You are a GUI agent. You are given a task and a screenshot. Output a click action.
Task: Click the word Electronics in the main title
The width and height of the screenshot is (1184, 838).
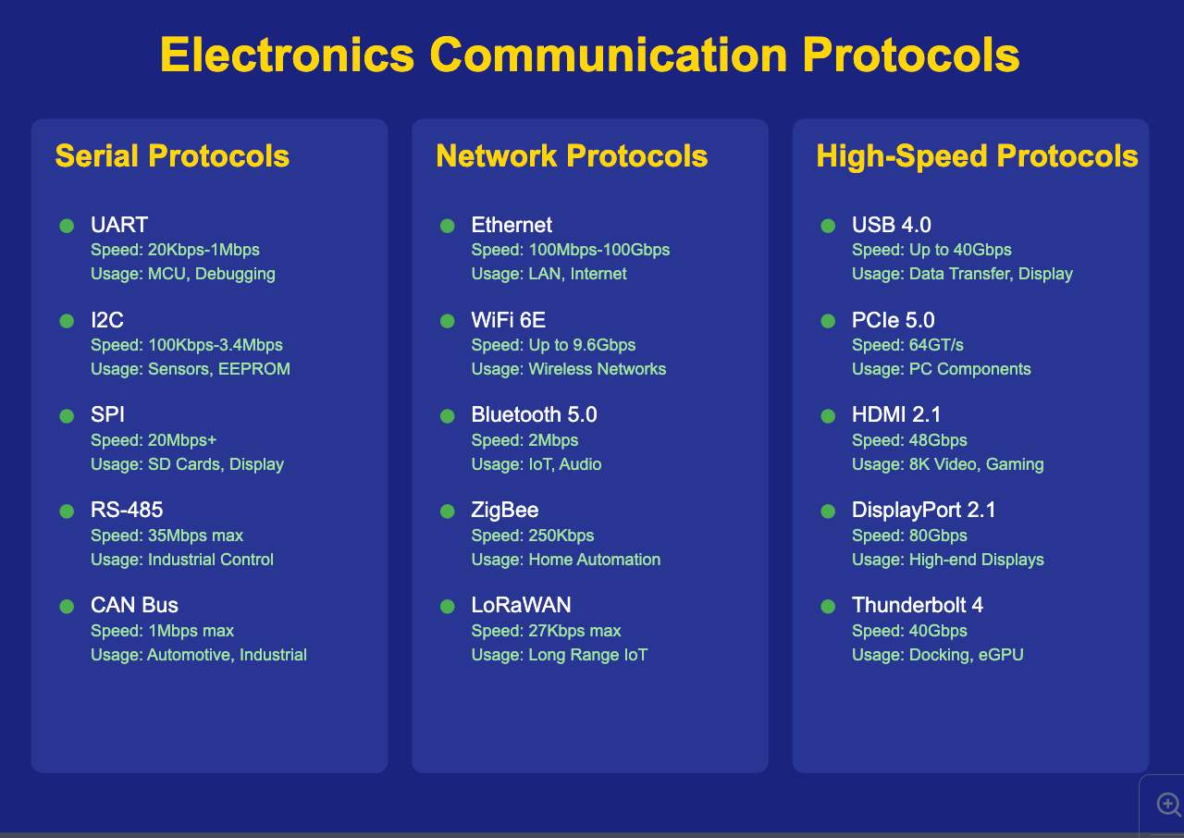click(287, 55)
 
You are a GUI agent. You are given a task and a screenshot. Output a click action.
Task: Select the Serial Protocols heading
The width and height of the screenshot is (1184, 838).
click(172, 156)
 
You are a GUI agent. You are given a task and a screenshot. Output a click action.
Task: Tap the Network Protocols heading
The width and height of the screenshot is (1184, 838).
click(572, 156)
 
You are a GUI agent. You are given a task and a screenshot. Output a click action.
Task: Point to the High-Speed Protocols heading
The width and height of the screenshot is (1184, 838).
click(977, 156)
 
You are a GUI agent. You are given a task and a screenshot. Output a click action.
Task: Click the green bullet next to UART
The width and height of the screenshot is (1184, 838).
click(67, 226)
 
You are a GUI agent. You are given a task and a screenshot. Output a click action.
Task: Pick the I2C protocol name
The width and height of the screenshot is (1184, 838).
click(107, 321)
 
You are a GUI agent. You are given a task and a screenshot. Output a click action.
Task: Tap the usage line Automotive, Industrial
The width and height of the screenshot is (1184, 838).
click(199, 655)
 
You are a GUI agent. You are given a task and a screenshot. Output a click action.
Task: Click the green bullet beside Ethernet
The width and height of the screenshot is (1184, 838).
click(448, 226)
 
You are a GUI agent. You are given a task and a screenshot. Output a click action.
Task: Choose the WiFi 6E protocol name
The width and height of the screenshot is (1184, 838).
click(509, 321)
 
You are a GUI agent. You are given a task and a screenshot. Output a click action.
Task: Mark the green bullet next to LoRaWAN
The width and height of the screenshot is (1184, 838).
click(448, 607)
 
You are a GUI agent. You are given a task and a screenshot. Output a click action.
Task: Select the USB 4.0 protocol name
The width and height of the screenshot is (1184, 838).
click(891, 226)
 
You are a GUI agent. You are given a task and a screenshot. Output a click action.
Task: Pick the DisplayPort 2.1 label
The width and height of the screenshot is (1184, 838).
click(923, 511)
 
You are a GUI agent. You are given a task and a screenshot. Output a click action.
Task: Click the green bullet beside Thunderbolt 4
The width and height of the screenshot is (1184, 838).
click(828, 607)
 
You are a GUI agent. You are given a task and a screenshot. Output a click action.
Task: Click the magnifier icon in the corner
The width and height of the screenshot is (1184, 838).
click(1168, 805)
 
